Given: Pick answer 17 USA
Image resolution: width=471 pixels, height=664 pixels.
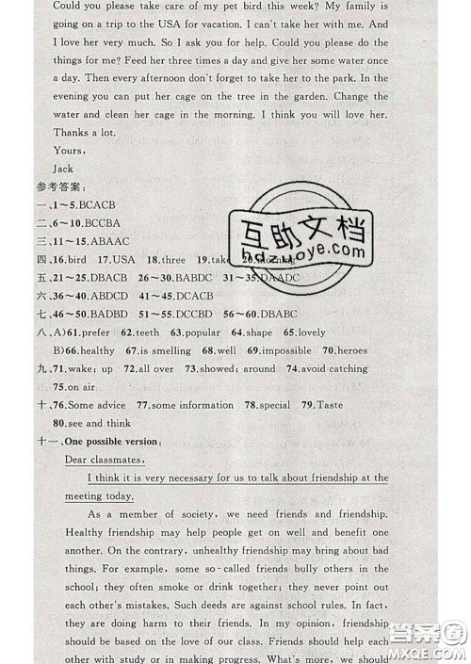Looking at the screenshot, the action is pos(119,259).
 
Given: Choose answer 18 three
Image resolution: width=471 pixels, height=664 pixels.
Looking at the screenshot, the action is pos(169,259).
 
